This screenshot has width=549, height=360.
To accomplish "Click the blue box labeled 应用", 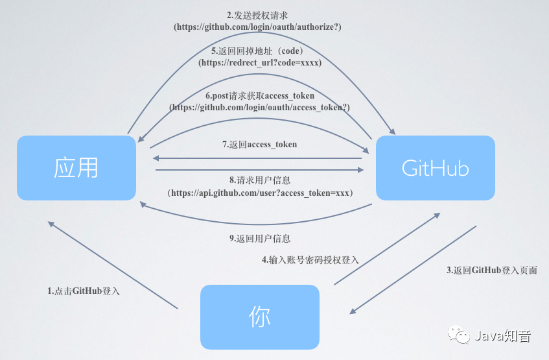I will coord(76,167).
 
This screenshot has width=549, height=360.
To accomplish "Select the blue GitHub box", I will coord(436,167).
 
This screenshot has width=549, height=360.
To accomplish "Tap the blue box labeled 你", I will coord(259,316).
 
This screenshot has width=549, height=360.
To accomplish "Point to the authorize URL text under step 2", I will coord(257,27).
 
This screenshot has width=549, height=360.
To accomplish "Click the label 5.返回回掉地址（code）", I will coord(257,51).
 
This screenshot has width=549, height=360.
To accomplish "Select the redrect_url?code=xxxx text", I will coord(259,63).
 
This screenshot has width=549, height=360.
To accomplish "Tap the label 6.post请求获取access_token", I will coord(259,96).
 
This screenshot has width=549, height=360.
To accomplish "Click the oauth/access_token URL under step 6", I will coord(259,108).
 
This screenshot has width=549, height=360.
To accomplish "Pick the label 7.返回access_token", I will coord(259,144).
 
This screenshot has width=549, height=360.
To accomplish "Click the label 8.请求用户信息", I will coord(259,181).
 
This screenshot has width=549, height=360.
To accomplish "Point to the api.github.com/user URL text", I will coord(259,193).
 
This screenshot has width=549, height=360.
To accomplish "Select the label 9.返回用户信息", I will coord(259,238).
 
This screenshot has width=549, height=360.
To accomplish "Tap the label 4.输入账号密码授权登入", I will coord(310,259).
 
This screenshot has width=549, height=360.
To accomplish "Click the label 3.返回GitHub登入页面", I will coord(492,270).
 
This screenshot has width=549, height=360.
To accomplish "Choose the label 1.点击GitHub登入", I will coord(84,291).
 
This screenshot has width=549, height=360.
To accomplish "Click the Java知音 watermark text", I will coord(504,335).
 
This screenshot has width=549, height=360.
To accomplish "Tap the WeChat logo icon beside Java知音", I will coord(462,335).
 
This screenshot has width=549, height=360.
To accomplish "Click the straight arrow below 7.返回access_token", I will coord(257,158).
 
